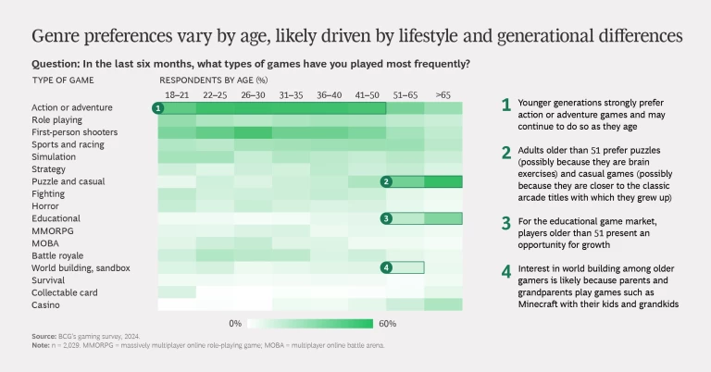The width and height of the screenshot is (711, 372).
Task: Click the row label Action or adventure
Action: click(58, 108)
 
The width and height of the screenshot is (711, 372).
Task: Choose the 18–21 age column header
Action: click(177, 94)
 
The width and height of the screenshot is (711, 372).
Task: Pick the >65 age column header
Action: click(443, 94)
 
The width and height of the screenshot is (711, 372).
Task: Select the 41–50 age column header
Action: click(367, 94)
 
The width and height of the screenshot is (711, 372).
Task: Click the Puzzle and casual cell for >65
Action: click(443, 181)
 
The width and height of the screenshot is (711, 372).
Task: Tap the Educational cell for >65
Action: click(443, 218)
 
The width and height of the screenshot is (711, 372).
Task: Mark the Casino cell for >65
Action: click(443, 304)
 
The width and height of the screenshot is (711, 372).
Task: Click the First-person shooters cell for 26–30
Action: click(253, 132)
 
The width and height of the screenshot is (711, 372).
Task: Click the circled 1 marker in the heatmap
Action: click(158, 108)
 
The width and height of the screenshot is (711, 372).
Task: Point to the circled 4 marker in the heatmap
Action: click(386, 267)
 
